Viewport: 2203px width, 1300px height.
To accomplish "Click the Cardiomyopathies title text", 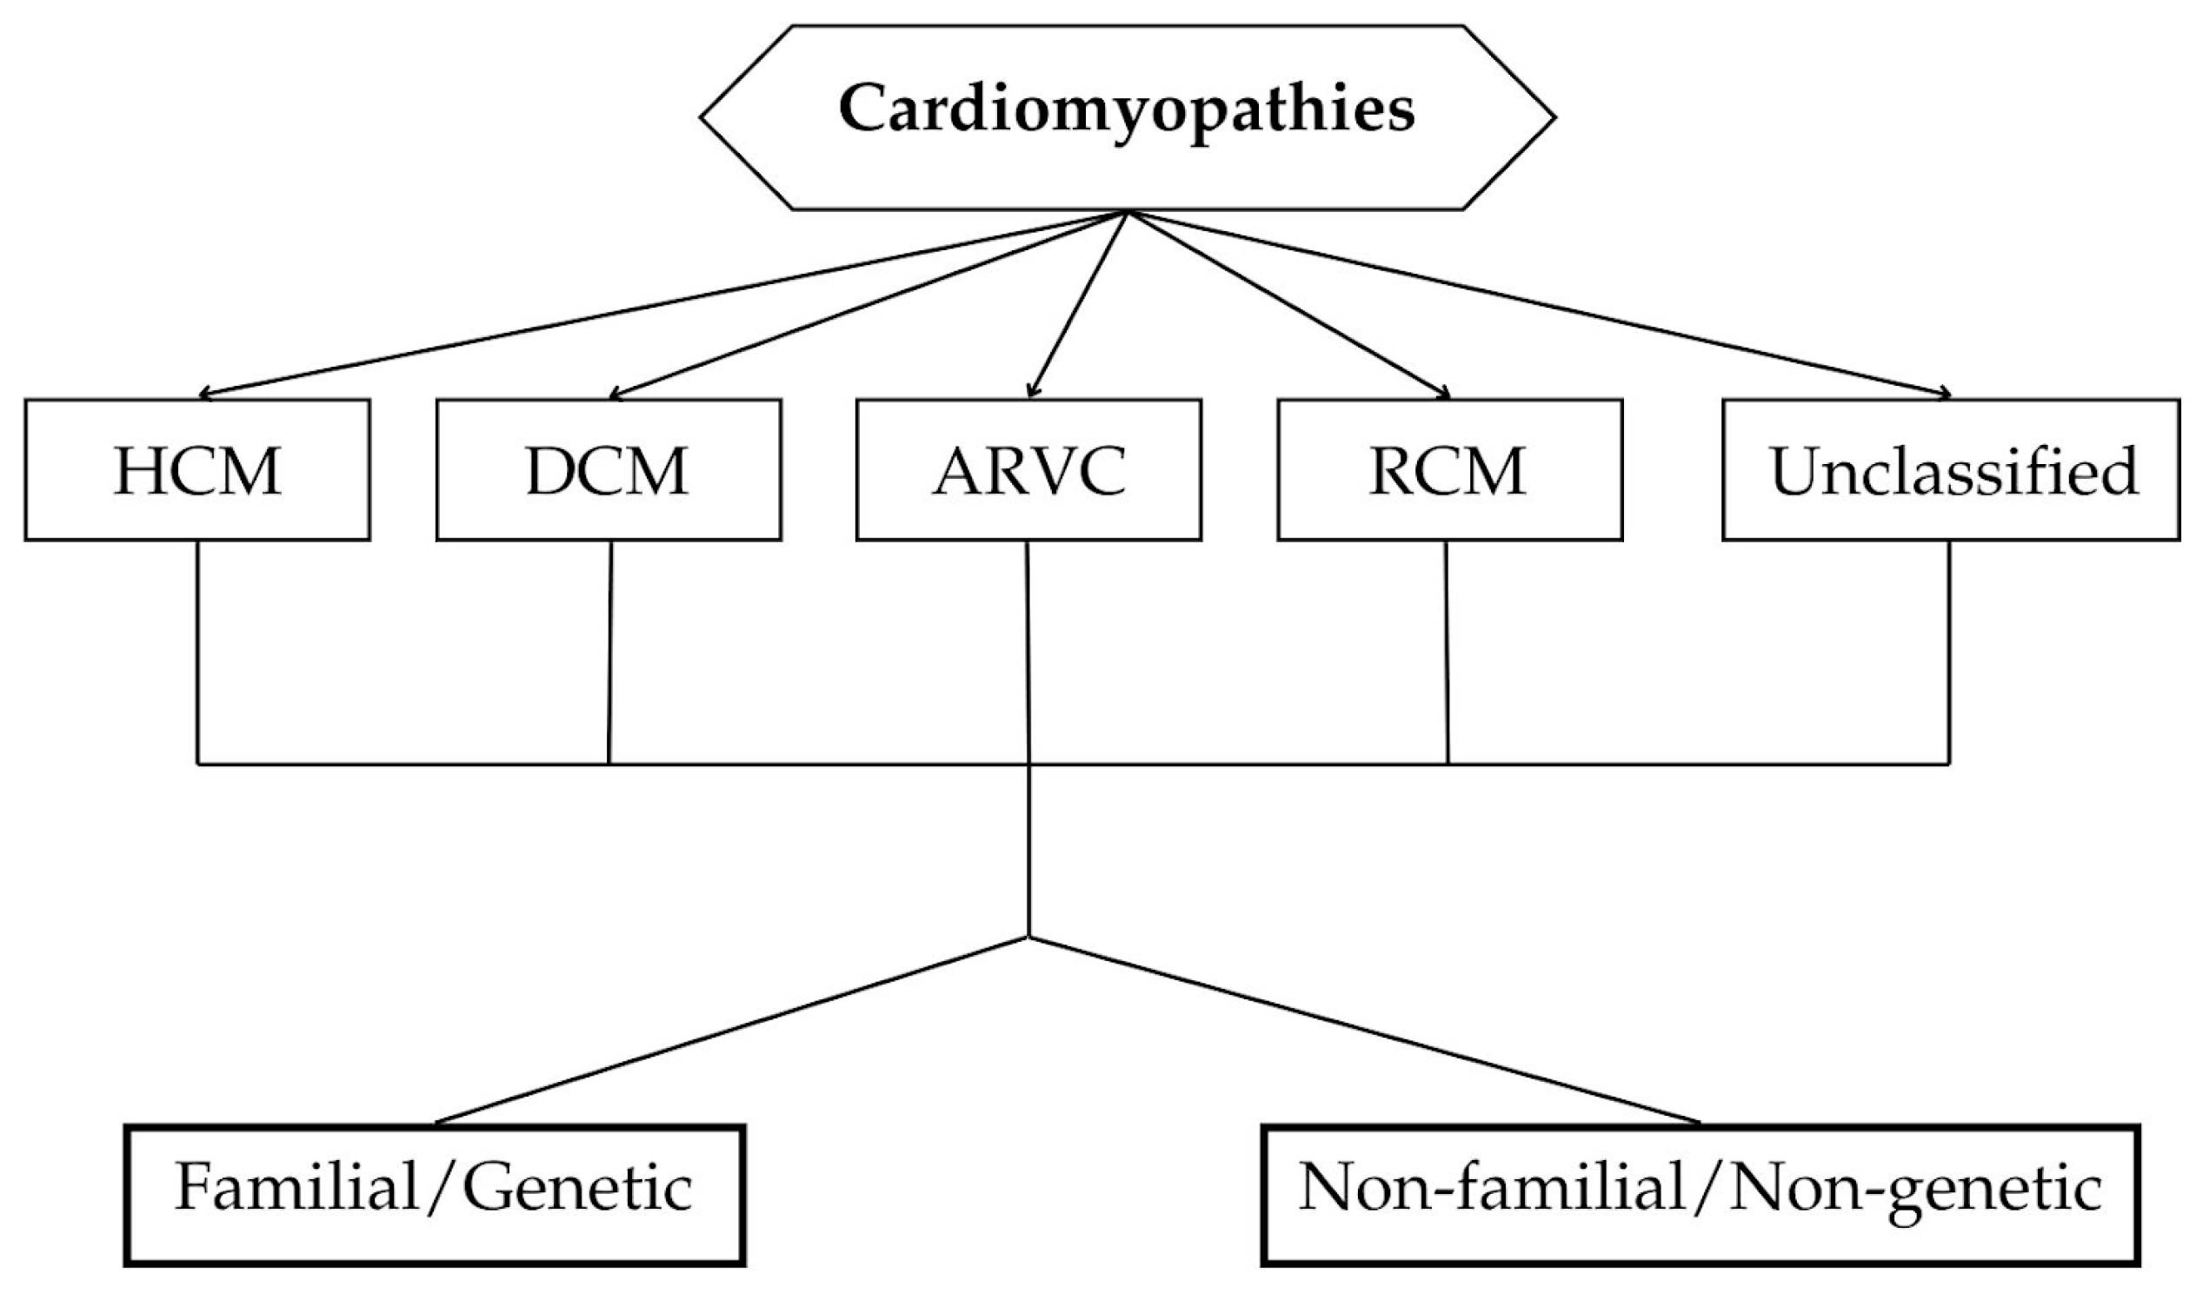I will click(x=1127, y=111).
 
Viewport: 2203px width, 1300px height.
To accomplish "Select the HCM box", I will click(x=197, y=470).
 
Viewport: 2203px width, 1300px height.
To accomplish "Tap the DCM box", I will click(x=609, y=470).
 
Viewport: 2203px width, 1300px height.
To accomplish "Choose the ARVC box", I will click(x=1028, y=470).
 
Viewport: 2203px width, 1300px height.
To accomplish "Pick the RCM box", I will click(x=1449, y=470).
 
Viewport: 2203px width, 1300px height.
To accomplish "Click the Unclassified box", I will click(x=1951, y=470).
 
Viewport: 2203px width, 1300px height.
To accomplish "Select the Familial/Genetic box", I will click(x=435, y=1195).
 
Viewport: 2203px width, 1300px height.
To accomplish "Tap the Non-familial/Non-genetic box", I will click(x=1700, y=1195).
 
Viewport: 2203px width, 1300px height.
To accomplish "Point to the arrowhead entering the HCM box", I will click(x=205, y=395).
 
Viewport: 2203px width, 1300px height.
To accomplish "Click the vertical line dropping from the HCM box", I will click(x=197, y=653).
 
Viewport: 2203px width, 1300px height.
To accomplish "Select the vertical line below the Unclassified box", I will click(x=1949, y=653).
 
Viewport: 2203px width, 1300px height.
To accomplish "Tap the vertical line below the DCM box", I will click(x=609, y=653).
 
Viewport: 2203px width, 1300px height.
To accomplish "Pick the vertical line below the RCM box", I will click(x=1447, y=653).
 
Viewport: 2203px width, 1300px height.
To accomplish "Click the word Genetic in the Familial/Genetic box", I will click(x=577, y=1190).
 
